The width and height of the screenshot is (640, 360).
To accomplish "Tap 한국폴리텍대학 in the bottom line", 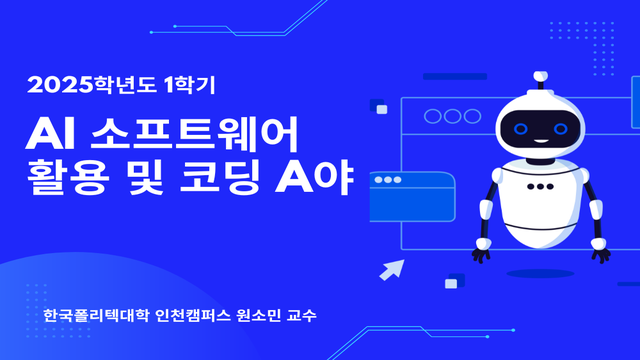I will click(96, 317).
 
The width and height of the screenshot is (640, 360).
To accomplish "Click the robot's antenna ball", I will click(541, 75).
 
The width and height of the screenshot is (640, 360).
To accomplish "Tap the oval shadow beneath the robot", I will click(540, 272).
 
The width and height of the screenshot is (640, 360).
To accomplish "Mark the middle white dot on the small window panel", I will click(387, 181).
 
